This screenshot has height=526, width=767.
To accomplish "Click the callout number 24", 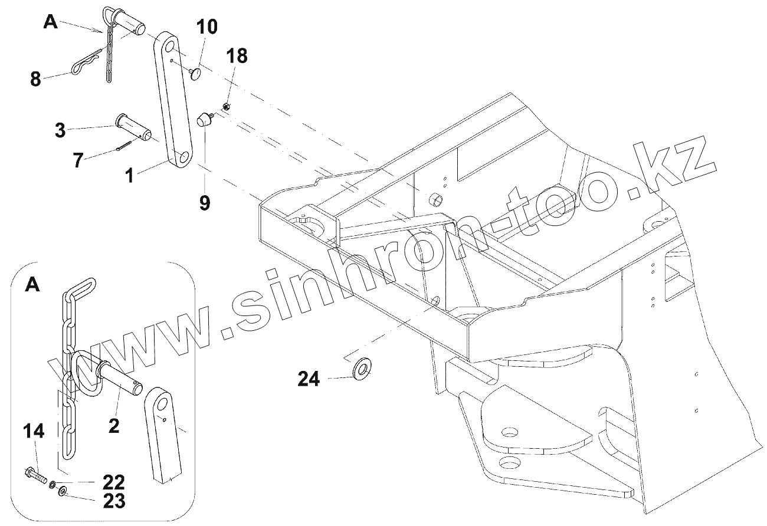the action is click(309, 379).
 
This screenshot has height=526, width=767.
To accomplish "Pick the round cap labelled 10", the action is click(198, 73).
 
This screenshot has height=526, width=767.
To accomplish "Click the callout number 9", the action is click(204, 203).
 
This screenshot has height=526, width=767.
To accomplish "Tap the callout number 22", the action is click(114, 482).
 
